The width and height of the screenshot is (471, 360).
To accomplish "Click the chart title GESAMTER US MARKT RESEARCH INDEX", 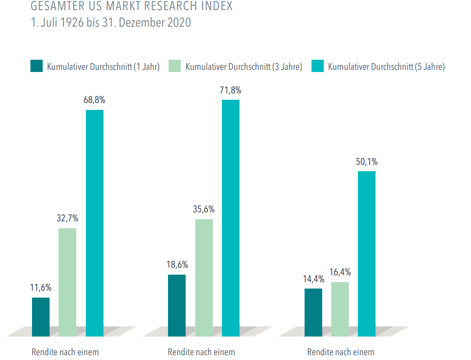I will click(132, 7).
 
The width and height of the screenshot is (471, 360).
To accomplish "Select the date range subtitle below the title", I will click(111, 23).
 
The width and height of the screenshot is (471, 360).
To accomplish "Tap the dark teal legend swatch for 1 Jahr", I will click(36, 66).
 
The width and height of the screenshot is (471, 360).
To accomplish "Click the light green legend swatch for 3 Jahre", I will click(175, 66).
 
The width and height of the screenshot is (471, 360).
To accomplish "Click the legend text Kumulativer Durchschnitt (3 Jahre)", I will click(244, 67).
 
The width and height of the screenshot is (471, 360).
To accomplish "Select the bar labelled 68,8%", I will click(94, 223).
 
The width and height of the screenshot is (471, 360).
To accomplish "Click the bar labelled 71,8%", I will click(230, 218).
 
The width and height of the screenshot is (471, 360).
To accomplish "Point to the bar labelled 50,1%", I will click(366, 253).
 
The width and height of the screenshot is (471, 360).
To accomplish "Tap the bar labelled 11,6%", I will click(41, 317).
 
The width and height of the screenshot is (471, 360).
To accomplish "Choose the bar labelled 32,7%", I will click(67, 282).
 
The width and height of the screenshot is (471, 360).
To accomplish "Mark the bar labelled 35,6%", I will click(204, 277).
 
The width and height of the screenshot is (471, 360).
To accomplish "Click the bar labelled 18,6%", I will click(177, 305).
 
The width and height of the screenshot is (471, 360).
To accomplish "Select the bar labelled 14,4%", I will click(313, 312).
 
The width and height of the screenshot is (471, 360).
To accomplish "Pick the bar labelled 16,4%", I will click(340, 309).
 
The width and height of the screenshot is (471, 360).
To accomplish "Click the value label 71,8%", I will click(230, 90).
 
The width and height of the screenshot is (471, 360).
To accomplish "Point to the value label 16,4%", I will click(340, 272).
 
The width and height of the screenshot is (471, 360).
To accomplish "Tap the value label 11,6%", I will click(41, 287).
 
